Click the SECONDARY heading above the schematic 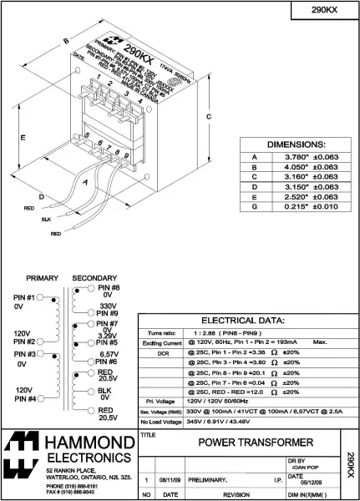(94, 278)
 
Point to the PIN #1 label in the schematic (23, 297)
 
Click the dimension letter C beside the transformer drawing (208, 117)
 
